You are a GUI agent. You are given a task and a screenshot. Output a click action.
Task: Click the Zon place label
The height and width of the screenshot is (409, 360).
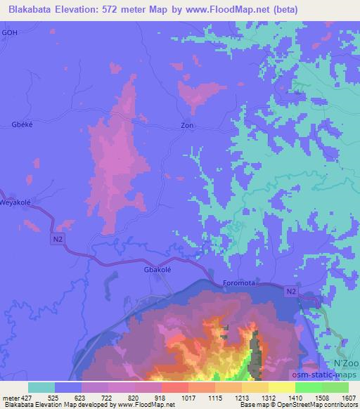click(x=187, y=126)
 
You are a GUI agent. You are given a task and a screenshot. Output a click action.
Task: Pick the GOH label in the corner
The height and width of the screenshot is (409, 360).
click(x=10, y=32)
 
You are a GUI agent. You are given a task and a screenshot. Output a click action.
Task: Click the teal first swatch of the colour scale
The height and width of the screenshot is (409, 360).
click(x=41, y=387)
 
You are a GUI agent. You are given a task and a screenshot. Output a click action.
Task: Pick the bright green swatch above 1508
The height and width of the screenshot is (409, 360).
click(x=309, y=387)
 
